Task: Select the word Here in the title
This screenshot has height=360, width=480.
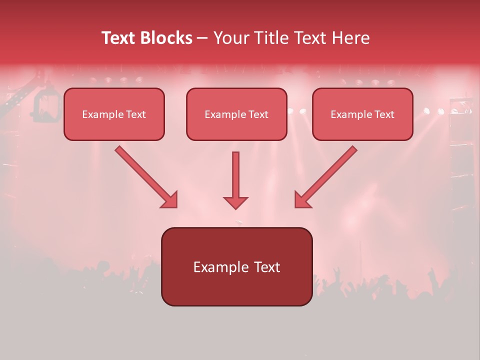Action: [x=350, y=38]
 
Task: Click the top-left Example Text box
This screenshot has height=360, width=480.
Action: [x=114, y=114]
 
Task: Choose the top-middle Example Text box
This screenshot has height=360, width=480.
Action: [x=236, y=114]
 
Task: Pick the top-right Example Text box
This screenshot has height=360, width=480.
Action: [x=362, y=114]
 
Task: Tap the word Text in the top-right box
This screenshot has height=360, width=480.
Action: [x=384, y=114]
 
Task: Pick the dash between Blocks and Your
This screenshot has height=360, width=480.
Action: [x=202, y=38]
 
